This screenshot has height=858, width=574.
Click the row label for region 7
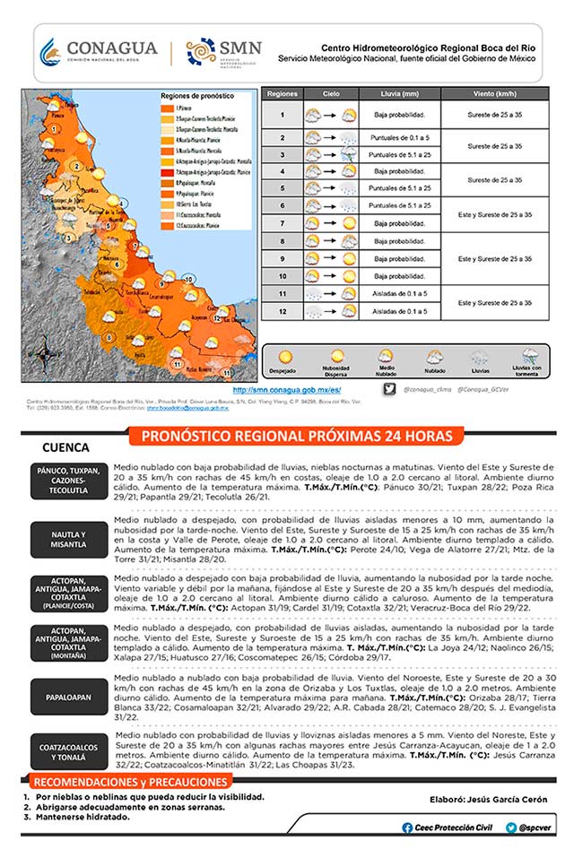point(282,222)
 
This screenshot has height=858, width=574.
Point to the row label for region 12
point(282,310)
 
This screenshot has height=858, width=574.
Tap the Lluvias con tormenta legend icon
point(526,356)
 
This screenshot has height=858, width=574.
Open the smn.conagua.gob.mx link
point(286,390)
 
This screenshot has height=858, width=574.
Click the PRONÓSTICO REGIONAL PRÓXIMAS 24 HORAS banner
point(296,437)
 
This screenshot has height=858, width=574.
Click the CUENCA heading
point(65,447)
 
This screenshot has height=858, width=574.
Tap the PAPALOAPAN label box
point(69,695)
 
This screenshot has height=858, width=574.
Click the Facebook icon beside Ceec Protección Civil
point(407,828)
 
